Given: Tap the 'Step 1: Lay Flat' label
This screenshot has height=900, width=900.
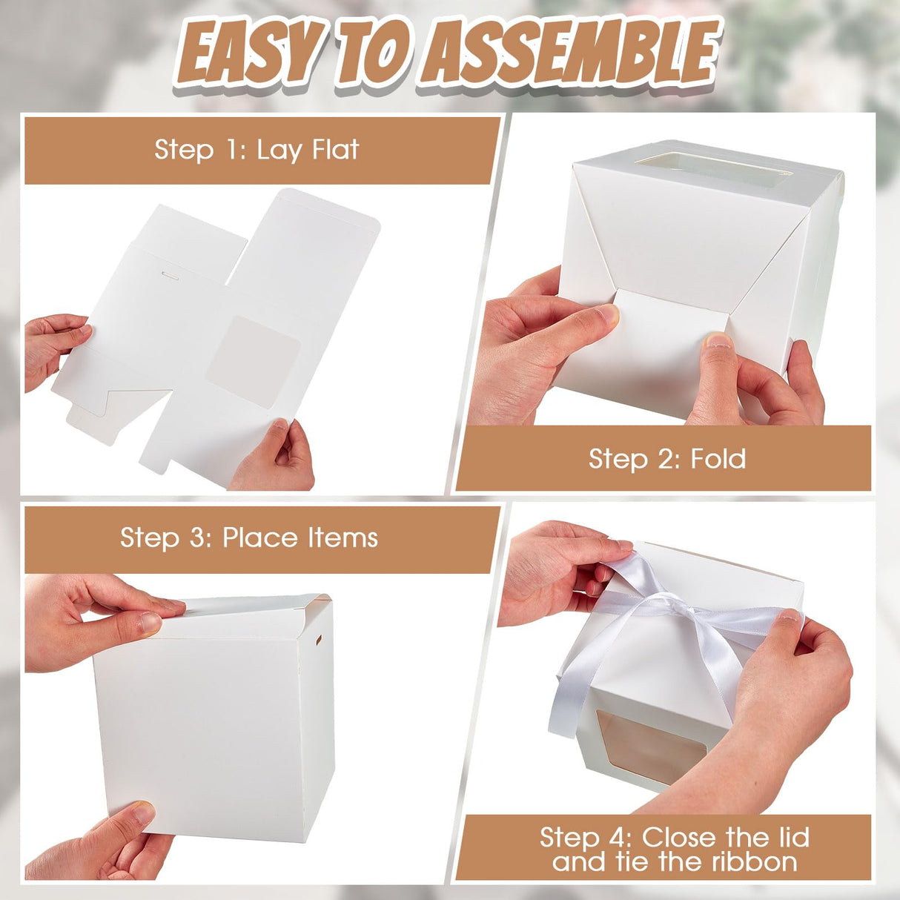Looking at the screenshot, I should [x=257, y=150].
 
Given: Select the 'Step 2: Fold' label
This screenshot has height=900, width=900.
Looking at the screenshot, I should [x=666, y=459].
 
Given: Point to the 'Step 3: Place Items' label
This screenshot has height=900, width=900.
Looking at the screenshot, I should [x=249, y=537].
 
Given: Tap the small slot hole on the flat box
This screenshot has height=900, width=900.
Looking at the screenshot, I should [x=170, y=276].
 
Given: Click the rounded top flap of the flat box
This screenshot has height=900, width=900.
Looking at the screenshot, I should [x=311, y=237].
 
